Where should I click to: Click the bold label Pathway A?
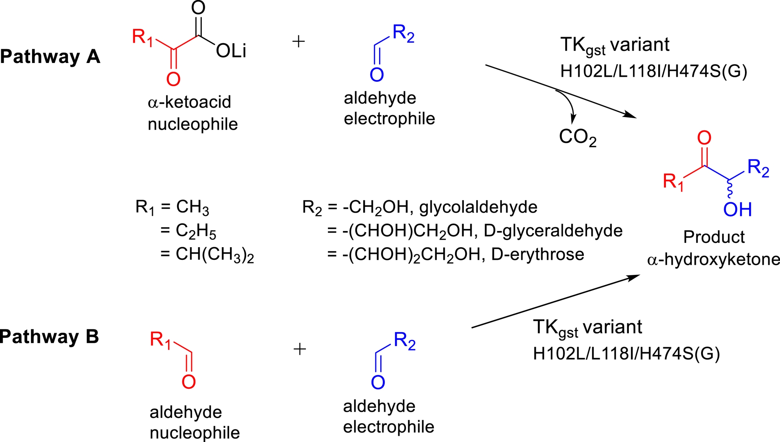pyautogui.click(x=50, y=57)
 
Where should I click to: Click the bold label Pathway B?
pyautogui.click(x=49, y=337)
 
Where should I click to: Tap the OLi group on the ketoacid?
pyautogui.click(x=231, y=51)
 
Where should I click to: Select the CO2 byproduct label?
pyautogui.click(x=577, y=137)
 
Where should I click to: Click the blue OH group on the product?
pyautogui.click(x=737, y=209)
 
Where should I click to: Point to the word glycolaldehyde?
pyautogui.click(x=478, y=207)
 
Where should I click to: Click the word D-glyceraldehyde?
pyautogui.click(x=553, y=231)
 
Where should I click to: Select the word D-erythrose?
pyautogui.click(x=537, y=255)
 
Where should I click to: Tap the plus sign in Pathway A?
pyautogui.click(x=299, y=41)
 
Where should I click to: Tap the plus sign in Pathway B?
pyautogui.click(x=299, y=349)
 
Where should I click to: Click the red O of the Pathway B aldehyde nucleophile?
pyautogui.click(x=188, y=382)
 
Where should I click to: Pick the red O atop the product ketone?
pyautogui.click(x=704, y=138)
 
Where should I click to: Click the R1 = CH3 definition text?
pyautogui.click(x=172, y=207)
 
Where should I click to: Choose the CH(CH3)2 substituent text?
pyautogui.click(x=214, y=255)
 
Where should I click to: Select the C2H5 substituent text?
pyautogui.click(x=196, y=231)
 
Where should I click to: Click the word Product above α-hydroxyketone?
pyautogui.click(x=714, y=237)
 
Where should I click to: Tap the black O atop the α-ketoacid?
pyautogui.click(x=198, y=8)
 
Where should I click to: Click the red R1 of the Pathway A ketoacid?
pyautogui.click(x=142, y=37)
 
